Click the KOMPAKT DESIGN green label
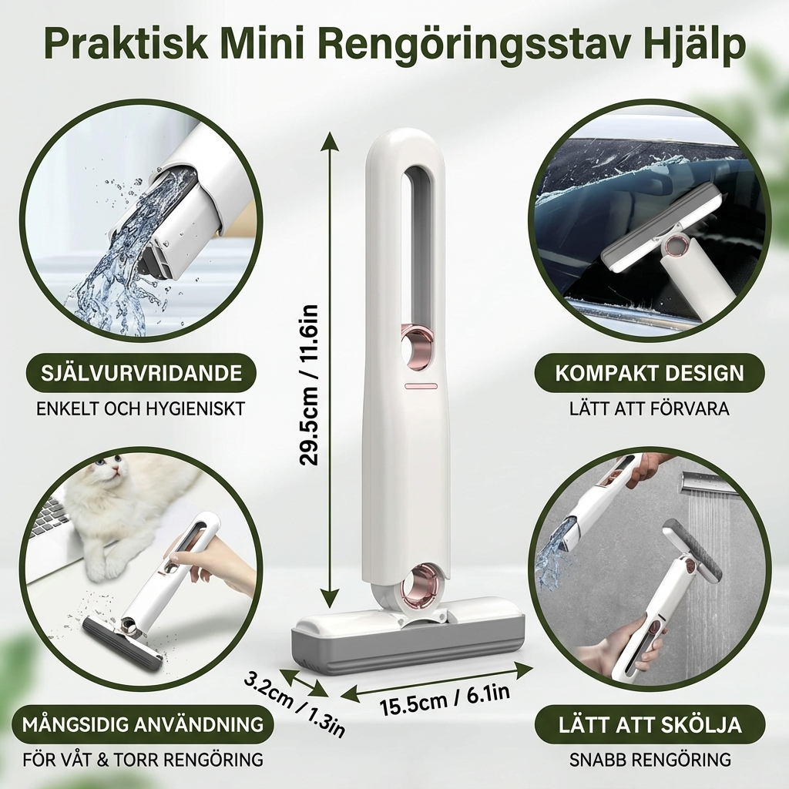click(x=650, y=374)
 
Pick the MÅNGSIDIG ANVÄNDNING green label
click(x=143, y=724)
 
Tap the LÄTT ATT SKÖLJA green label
click(x=650, y=724)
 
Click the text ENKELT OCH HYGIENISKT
click(x=140, y=408)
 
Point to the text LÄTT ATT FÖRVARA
click(x=650, y=408)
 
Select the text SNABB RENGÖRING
click(x=650, y=759)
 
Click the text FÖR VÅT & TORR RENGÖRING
click(x=143, y=759)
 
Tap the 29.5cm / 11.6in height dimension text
click(x=310, y=385)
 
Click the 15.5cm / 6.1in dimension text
click(x=445, y=700)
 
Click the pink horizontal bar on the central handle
click(x=421, y=385)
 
